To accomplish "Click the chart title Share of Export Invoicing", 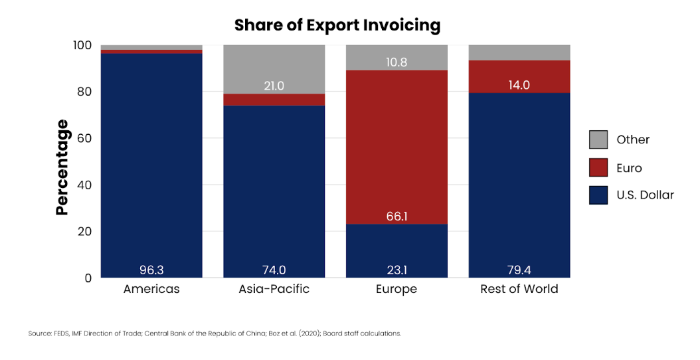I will [x=337, y=25].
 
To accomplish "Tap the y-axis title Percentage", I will [x=62, y=167].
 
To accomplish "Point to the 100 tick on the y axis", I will [x=82, y=45].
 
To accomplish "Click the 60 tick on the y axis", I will [x=84, y=138].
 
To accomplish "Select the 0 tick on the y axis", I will [x=88, y=278].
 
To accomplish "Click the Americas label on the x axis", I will [x=151, y=289].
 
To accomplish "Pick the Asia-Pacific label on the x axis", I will [x=274, y=289].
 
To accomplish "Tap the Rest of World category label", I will [x=519, y=289].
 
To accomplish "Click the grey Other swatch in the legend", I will [x=598, y=139].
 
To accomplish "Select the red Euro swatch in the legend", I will [x=598, y=167].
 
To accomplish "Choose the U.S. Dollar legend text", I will [x=645, y=195].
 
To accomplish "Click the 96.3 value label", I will [x=151, y=270].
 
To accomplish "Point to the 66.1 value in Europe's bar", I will [x=396, y=216].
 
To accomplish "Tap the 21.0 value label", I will [x=274, y=86].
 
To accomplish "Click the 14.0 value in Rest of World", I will [x=519, y=85].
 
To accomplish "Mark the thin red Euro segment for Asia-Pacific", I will [x=274, y=100].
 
